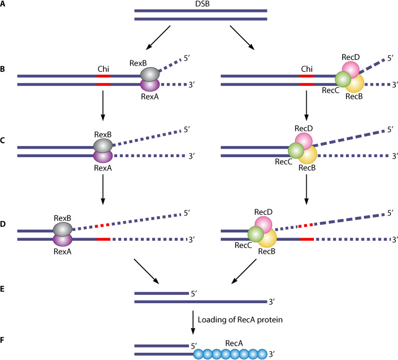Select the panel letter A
click(x=4, y=8)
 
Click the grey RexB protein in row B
click(x=150, y=75)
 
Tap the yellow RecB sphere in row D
click(x=266, y=239)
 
